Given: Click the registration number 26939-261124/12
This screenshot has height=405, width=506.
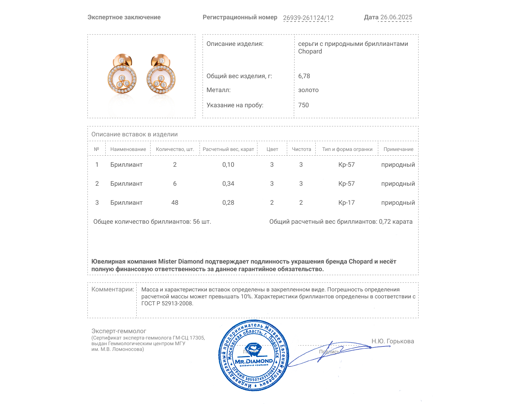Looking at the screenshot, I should click(308, 18).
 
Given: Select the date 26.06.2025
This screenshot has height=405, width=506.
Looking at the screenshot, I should click(396, 17).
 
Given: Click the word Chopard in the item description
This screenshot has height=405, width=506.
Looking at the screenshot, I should click(310, 52).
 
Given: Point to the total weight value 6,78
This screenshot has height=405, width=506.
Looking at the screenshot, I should click(304, 76).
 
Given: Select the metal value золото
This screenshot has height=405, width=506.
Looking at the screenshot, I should click(308, 90).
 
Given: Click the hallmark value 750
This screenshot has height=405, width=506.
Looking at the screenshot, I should click(303, 105).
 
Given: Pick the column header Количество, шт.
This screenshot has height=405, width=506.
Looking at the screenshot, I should click(175, 149).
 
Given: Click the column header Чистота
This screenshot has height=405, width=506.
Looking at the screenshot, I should click(301, 149).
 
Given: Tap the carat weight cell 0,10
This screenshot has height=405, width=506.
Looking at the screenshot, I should click(228, 165).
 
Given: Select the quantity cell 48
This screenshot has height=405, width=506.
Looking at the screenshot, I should click(175, 202).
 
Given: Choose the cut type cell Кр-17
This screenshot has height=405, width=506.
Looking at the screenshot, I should click(346, 202).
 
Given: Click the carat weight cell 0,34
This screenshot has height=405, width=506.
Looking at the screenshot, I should click(228, 184).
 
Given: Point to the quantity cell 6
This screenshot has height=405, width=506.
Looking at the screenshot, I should click(175, 184).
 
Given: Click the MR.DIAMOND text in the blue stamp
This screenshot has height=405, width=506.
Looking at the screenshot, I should click(254, 361).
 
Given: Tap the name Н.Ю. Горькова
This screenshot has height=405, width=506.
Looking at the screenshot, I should click(392, 341).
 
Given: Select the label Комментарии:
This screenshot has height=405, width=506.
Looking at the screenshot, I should click(112, 289).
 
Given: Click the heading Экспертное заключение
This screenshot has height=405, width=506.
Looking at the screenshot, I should click(124, 17).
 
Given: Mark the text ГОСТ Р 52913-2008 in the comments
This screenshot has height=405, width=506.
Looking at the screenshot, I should click(167, 304).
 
